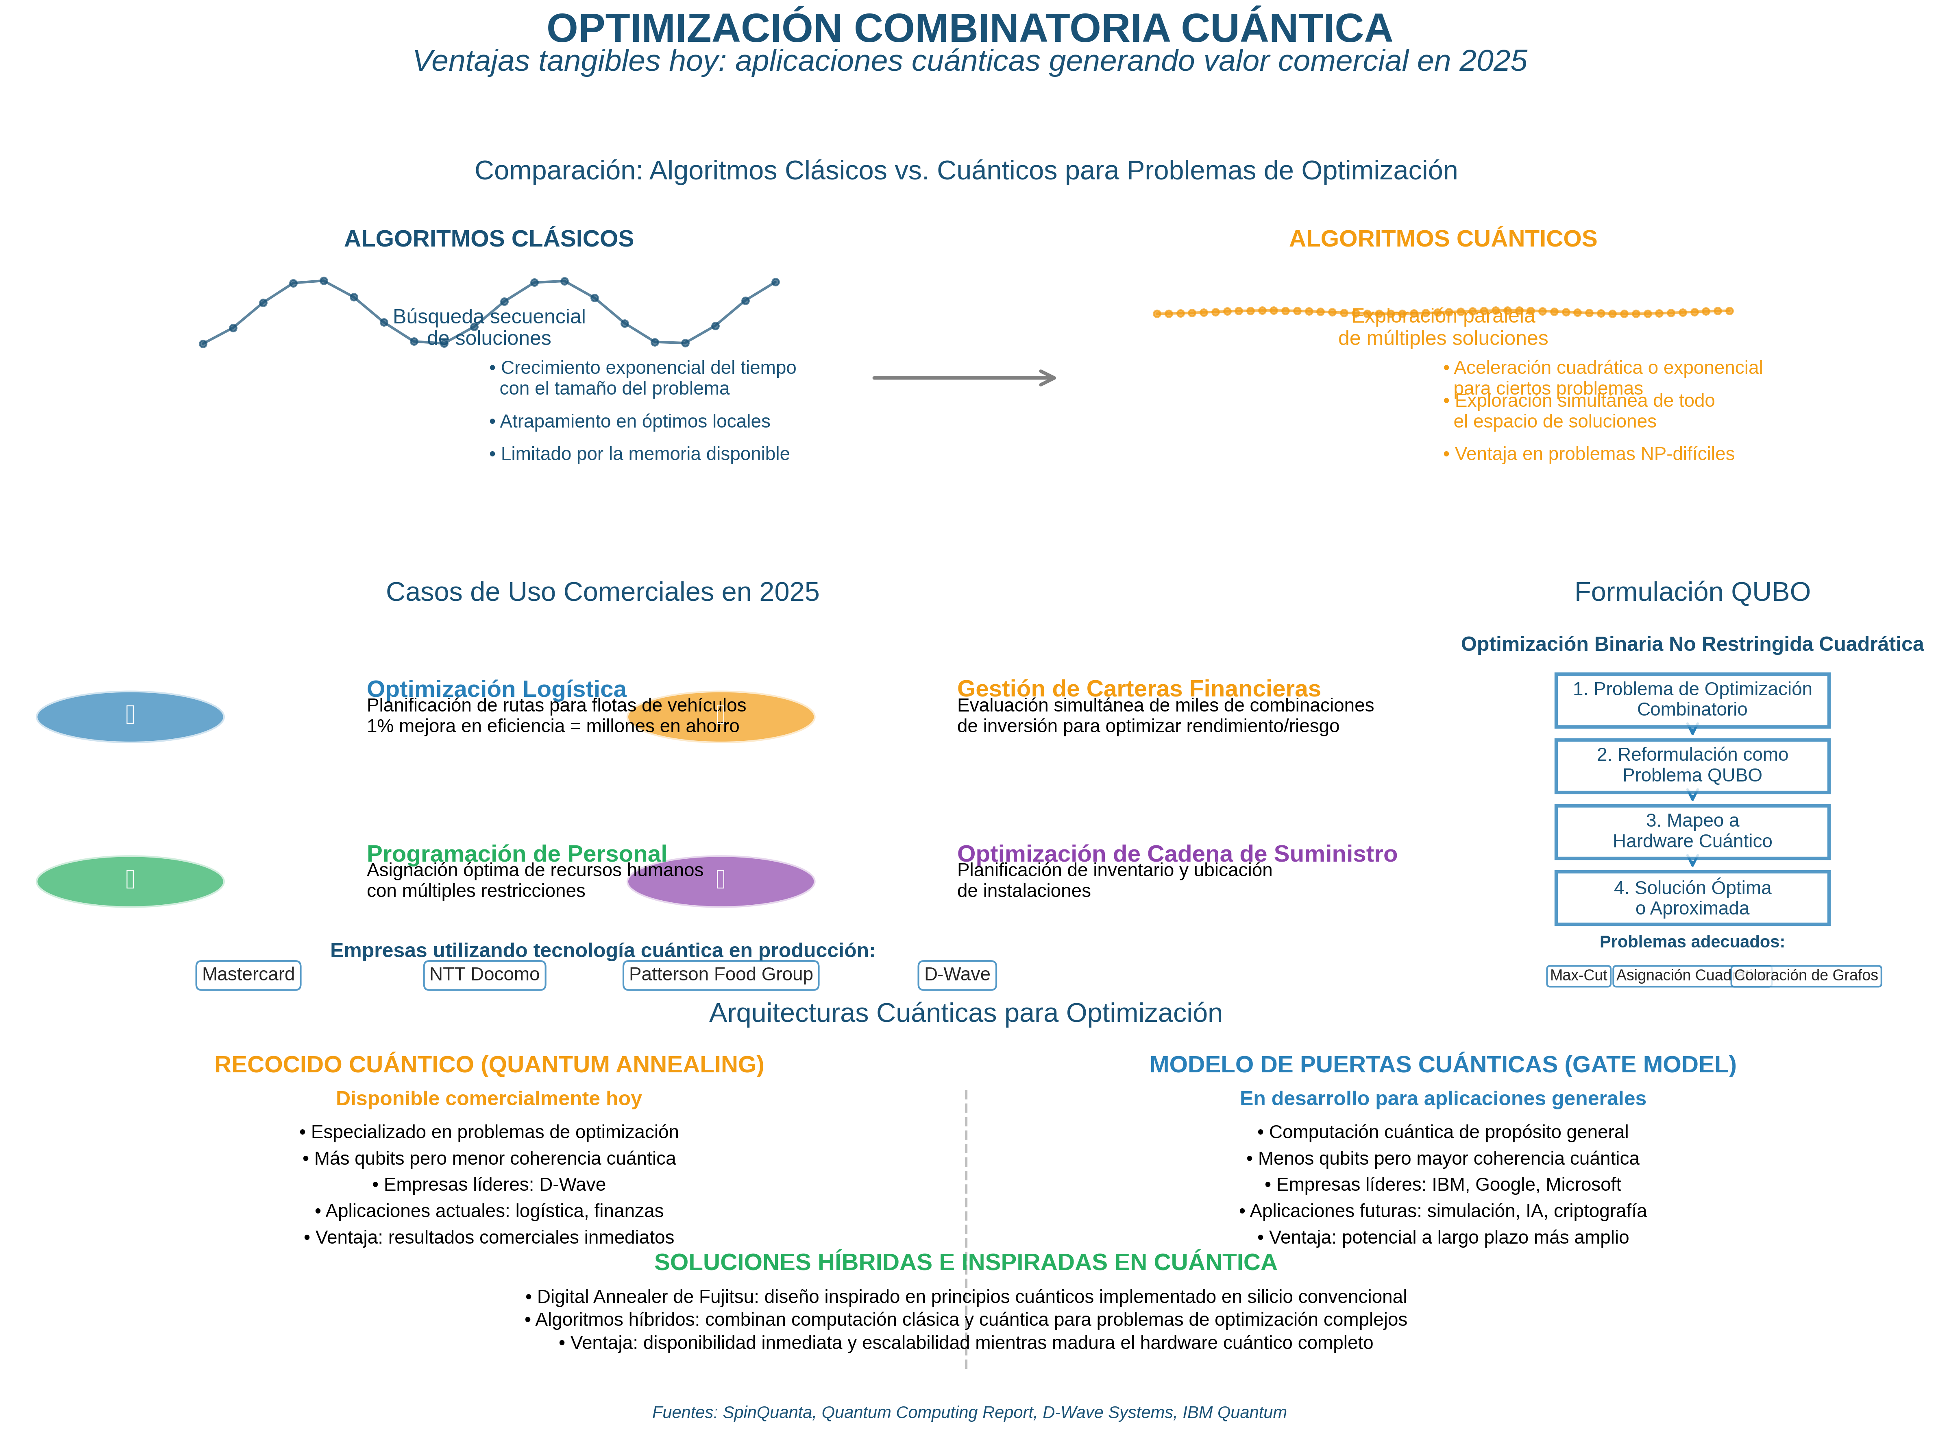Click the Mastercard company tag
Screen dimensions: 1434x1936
(x=248, y=975)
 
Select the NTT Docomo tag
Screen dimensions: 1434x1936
(x=484, y=975)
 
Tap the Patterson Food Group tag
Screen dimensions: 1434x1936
(x=720, y=975)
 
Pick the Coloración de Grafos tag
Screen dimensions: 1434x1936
(x=1806, y=976)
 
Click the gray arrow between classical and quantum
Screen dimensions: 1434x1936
(x=963, y=378)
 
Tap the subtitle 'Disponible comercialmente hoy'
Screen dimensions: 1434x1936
(x=488, y=1099)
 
